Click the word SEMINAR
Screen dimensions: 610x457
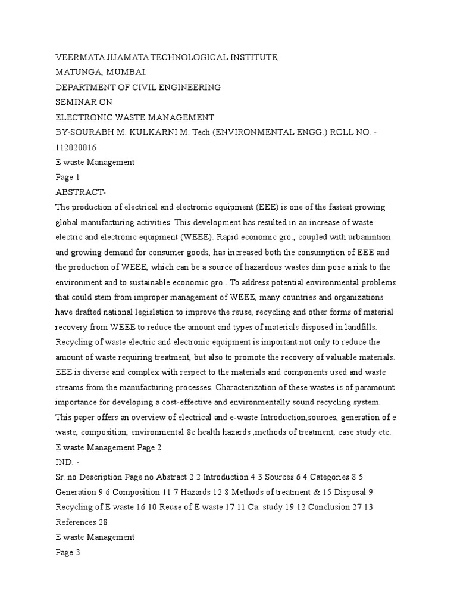click(75, 102)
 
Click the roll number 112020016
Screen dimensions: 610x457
click(76, 147)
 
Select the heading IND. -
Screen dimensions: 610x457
click(68, 462)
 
